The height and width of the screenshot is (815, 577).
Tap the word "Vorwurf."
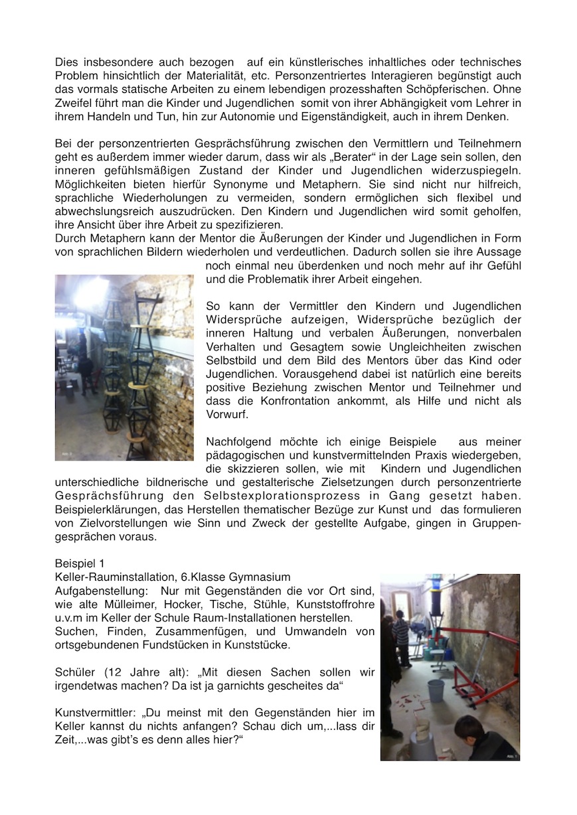226,414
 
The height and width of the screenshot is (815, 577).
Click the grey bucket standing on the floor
436,690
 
